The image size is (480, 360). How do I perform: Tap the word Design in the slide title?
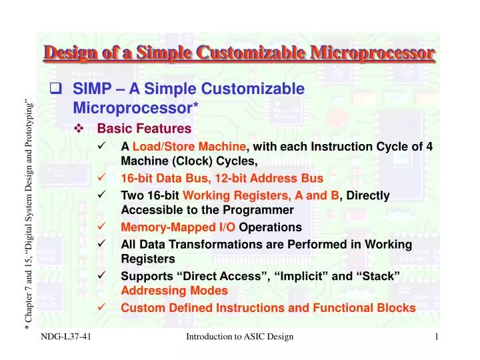pyautogui.click(x=71, y=52)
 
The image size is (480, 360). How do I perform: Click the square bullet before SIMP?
pyautogui.click(x=57, y=89)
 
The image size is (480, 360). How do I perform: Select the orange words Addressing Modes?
pyautogui.click(x=174, y=291)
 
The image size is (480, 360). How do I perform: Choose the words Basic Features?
pyautogui.click(x=144, y=129)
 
